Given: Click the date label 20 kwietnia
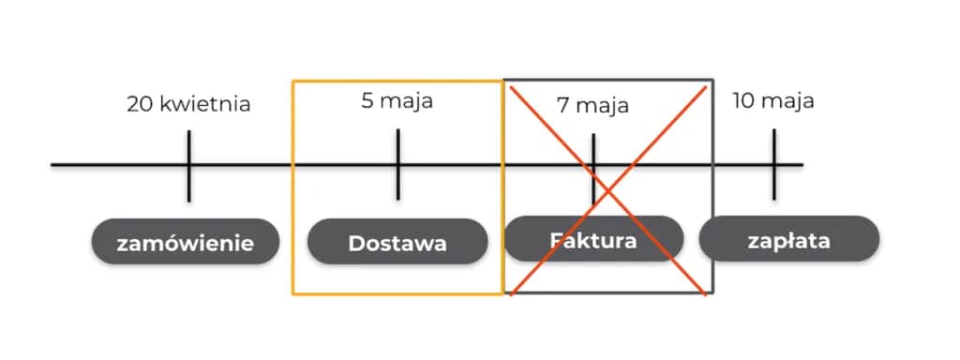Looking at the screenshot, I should click(x=188, y=103).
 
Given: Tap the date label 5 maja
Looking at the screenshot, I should click(x=397, y=100).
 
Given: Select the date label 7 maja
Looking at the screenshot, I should click(x=592, y=105).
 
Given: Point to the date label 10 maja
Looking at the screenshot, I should click(x=773, y=100).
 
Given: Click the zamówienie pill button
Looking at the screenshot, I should click(x=186, y=243).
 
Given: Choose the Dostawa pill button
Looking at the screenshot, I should click(x=397, y=243).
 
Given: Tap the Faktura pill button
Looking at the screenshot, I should click(x=593, y=239).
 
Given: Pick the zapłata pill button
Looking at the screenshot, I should click(x=789, y=239).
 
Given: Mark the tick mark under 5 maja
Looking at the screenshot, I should click(x=397, y=165).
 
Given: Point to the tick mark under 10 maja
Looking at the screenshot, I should click(x=774, y=165).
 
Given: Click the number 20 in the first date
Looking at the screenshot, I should click(x=140, y=103).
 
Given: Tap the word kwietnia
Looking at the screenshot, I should click(x=205, y=103).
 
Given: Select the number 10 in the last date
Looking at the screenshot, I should click(x=743, y=100).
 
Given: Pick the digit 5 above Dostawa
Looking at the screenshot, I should click(x=367, y=100).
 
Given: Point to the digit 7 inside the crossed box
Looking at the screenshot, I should click(x=562, y=105).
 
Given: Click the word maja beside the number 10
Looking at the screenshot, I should click(x=787, y=101).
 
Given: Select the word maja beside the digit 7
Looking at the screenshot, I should click(x=603, y=106).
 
